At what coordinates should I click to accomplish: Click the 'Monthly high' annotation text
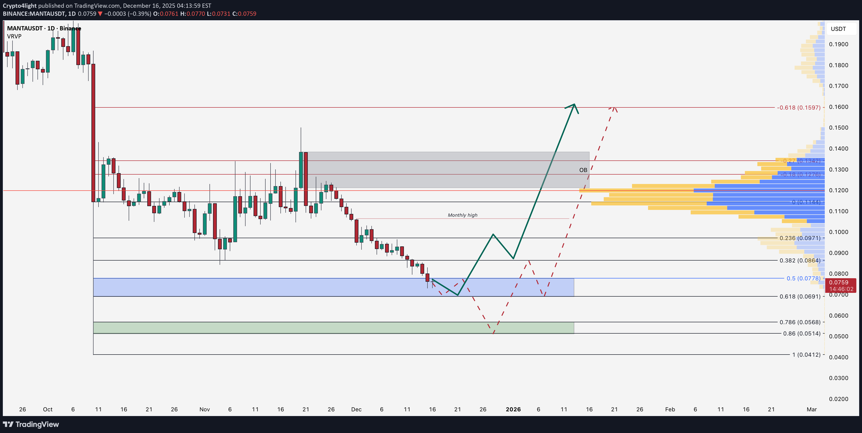(x=462, y=215)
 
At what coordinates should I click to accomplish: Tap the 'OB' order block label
(x=583, y=170)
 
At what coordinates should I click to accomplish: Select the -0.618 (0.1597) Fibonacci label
(x=798, y=108)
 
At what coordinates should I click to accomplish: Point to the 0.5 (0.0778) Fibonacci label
(x=803, y=278)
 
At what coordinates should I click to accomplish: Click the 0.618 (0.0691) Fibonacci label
(x=800, y=296)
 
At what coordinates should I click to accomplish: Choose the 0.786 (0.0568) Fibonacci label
(x=800, y=322)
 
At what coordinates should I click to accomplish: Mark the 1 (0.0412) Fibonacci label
(x=806, y=355)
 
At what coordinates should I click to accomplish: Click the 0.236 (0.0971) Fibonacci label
(x=800, y=238)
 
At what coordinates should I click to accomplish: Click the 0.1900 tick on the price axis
(x=839, y=44)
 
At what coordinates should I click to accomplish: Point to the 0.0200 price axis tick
(x=839, y=399)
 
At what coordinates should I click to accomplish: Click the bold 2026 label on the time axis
(x=513, y=409)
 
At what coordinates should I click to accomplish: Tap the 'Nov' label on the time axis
(x=205, y=409)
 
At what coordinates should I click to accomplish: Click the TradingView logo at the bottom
(x=31, y=424)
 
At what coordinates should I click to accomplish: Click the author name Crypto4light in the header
(x=19, y=6)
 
